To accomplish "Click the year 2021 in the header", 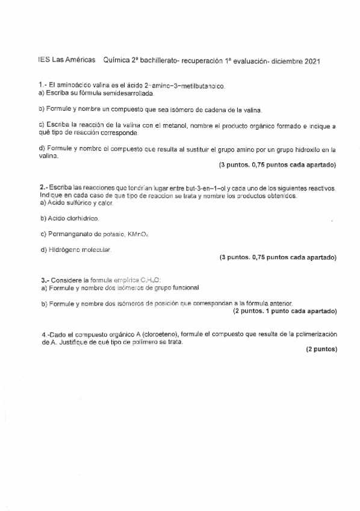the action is pos(312,61).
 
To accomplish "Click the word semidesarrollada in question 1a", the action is pos(126,94).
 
